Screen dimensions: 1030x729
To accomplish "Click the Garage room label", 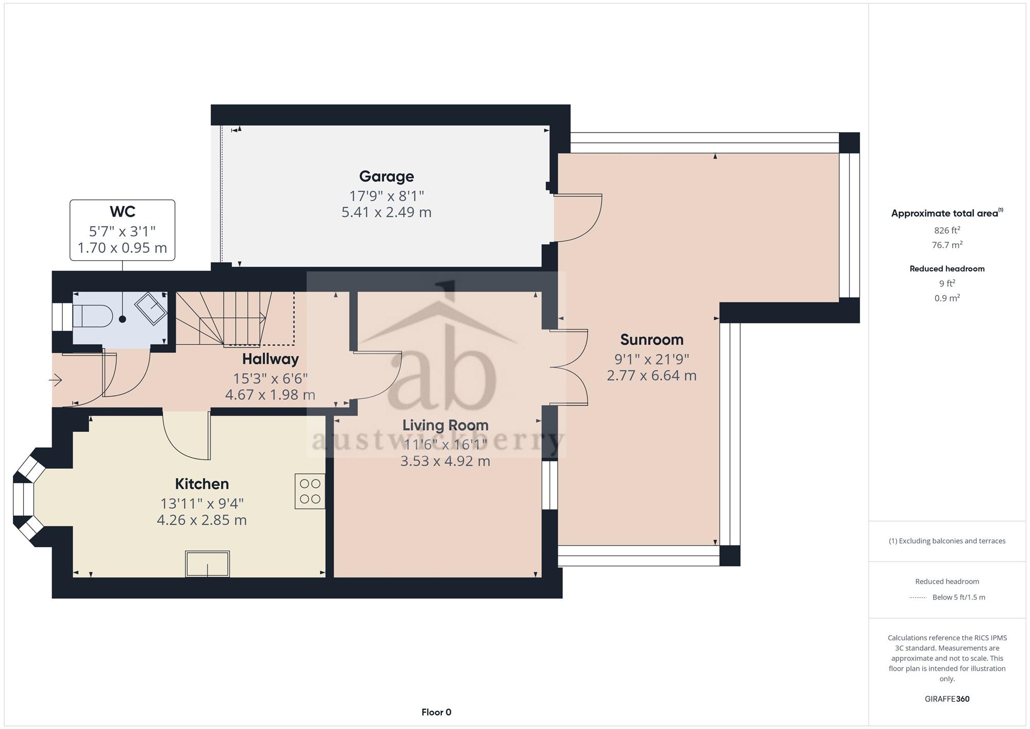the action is click(x=386, y=177).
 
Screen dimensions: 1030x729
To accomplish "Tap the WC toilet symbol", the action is click(x=93, y=316).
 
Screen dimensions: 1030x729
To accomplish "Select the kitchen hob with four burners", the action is click(x=310, y=491).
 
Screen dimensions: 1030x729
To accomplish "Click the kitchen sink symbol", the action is click(x=208, y=564).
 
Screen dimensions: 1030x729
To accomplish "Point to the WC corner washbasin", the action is click(x=151, y=309).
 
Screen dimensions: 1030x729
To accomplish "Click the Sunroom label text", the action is click(x=651, y=340).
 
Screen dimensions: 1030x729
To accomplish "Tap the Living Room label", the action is click(x=445, y=426).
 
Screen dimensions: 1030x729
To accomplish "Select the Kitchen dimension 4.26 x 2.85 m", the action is click(x=202, y=520).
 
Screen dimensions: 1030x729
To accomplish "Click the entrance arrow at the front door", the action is click(x=56, y=381).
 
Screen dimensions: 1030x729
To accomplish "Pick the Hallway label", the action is click(x=270, y=359).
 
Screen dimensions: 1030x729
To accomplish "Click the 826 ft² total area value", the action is click(x=947, y=230).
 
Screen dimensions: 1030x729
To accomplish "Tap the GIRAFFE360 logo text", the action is click(x=947, y=699).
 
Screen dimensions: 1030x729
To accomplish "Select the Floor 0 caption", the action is click(x=436, y=713).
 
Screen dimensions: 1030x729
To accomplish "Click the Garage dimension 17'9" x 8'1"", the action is click(x=386, y=196).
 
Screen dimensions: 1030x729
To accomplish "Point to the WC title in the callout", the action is click(x=123, y=212).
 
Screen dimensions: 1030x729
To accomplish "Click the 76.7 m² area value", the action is click(x=947, y=245).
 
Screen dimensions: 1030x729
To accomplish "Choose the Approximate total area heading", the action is click(x=947, y=213).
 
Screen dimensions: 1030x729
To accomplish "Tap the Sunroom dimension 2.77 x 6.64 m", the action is click(x=651, y=376).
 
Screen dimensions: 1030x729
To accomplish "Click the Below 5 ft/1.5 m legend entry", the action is click(x=958, y=598).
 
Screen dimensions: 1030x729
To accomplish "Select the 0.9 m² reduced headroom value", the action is click(x=947, y=298).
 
